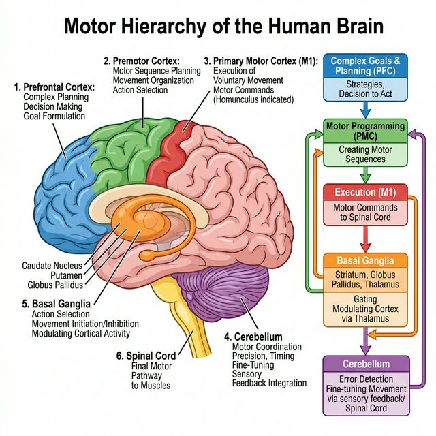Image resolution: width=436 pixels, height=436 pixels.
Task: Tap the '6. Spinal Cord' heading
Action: pyautogui.click(x=146, y=355)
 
